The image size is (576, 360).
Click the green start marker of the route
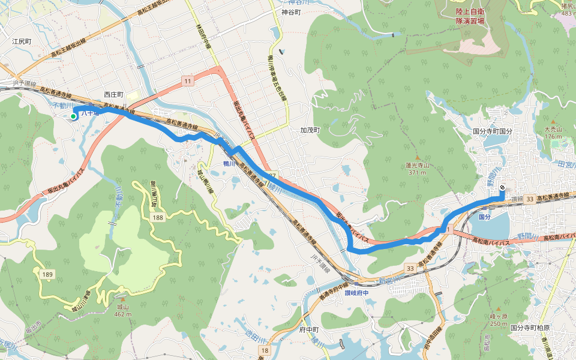[x=74, y=116]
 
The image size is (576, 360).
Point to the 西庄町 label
[x=113, y=95]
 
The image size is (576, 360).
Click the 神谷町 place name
[x=290, y=11]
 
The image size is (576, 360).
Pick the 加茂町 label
[x=310, y=130]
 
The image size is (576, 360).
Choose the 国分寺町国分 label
[x=493, y=130]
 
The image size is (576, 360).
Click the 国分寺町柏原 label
[x=530, y=328]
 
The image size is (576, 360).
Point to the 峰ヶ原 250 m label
[x=499, y=319]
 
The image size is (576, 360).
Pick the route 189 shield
[x=49, y=274]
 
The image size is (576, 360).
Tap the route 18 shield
[x=265, y=350]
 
